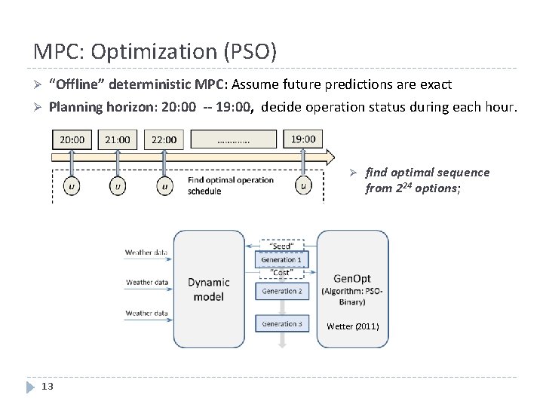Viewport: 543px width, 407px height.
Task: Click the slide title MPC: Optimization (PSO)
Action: [155, 51]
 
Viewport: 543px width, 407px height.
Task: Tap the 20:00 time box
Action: [72, 139]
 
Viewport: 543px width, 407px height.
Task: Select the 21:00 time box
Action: [118, 139]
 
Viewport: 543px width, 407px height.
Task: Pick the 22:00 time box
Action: [164, 139]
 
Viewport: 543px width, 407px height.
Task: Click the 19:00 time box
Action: [303, 139]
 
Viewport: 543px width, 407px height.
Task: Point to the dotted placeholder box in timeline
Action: [234, 139]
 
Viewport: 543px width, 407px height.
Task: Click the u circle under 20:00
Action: [72, 185]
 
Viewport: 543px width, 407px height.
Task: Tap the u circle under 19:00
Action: [303, 185]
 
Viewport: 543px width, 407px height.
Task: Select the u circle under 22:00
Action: [164, 185]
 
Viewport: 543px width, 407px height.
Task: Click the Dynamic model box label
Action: [208, 289]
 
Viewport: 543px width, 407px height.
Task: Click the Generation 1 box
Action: [281, 259]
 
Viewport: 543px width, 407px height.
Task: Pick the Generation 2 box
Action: [281, 291]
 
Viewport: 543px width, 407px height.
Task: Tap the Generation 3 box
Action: [281, 324]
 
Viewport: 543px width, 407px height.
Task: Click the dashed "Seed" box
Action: [281, 246]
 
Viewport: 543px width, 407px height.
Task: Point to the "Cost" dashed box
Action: [281, 272]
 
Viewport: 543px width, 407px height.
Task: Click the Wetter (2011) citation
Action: [353, 326]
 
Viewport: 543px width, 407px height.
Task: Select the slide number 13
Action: [47, 387]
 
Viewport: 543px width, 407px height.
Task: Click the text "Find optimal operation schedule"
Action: [231, 185]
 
